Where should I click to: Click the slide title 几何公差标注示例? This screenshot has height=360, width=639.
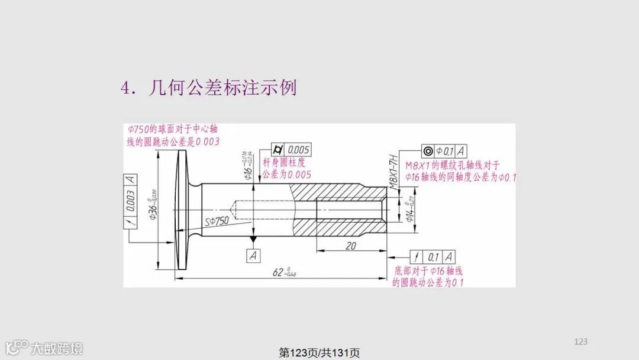click(x=208, y=88)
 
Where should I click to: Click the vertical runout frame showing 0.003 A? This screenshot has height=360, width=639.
click(x=130, y=201)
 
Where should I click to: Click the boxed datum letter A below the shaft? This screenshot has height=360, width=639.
click(x=253, y=256)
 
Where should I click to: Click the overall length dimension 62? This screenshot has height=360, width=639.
click(x=284, y=272)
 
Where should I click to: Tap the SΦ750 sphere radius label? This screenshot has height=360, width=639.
click(x=218, y=221)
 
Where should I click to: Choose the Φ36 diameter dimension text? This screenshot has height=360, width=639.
click(x=153, y=204)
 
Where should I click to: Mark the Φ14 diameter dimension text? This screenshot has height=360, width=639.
click(x=409, y=210)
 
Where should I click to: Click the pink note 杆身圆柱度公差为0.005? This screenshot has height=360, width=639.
click(x=286, y=169)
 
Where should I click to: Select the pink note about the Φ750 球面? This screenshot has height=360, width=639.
click(x=174, y=135)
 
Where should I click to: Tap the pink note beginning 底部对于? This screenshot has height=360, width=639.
click(x=428, y=277)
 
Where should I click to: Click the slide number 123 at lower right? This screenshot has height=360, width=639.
click(x=581, y=341)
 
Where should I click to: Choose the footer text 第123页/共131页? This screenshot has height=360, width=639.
click(x=319, y=353)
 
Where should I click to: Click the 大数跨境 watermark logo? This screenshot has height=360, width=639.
click(x=44, y=348)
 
